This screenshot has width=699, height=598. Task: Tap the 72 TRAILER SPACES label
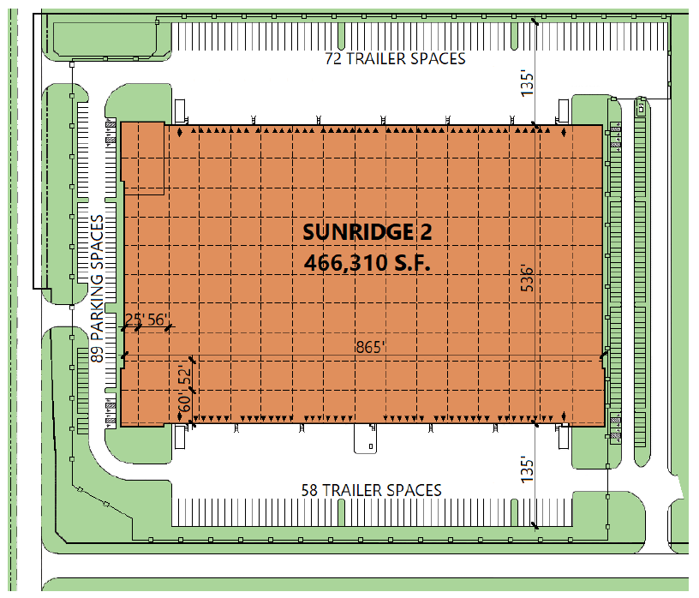point(395,59)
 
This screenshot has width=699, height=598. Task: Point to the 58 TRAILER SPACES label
point(371,490)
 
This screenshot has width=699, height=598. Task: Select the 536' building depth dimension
point(529,282)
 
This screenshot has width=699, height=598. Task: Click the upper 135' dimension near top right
point(529,81)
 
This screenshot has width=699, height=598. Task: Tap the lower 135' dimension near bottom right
point(529,469)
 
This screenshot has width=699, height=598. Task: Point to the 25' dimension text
point(134,320)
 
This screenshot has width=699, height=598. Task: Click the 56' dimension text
point(157,320)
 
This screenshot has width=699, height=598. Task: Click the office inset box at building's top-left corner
point(143,158)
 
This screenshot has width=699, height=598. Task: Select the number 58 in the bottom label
point(309,490)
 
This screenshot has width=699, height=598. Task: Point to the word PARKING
point(97,291)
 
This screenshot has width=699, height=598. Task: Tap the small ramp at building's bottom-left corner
point(181,437)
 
